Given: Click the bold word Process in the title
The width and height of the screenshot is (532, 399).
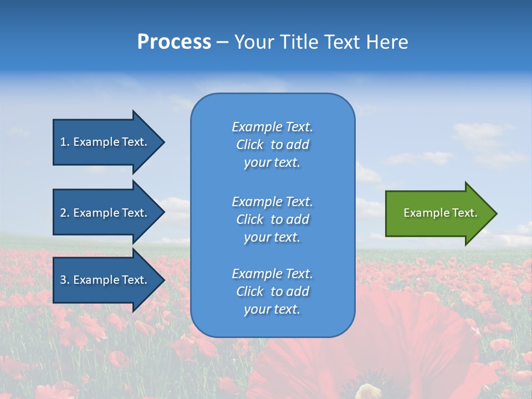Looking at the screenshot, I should click(x=174, y=42).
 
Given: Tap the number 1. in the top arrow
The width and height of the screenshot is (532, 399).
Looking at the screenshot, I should click(x=65, y=142).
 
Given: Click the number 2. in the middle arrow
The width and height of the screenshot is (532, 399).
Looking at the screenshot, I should click(x=65, y=213).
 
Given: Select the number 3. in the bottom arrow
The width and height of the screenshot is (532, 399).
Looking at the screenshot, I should click(x=65, y=280).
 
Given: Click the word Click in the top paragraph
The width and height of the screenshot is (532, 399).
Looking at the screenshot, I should click(x=250, y=145).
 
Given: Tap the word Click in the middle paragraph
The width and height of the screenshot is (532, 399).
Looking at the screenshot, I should click(x=250, y=219).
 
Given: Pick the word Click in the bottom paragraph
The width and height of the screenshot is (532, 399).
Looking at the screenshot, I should click(x=250, y=291).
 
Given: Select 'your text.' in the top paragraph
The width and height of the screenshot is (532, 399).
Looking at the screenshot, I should click(x=272, y=162).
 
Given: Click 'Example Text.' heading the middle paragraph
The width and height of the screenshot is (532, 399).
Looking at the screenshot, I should click(x=272, y=202).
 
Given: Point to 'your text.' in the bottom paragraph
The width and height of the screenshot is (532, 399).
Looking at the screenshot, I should click(x=272, y=309).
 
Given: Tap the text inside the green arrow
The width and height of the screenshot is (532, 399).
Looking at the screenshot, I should click(x=440, y=213).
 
